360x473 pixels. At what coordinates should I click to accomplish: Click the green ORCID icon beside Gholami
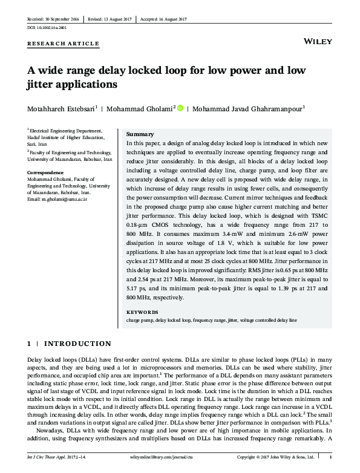[x=180, y=109]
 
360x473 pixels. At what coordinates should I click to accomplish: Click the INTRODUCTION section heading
[x=75, y=344]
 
